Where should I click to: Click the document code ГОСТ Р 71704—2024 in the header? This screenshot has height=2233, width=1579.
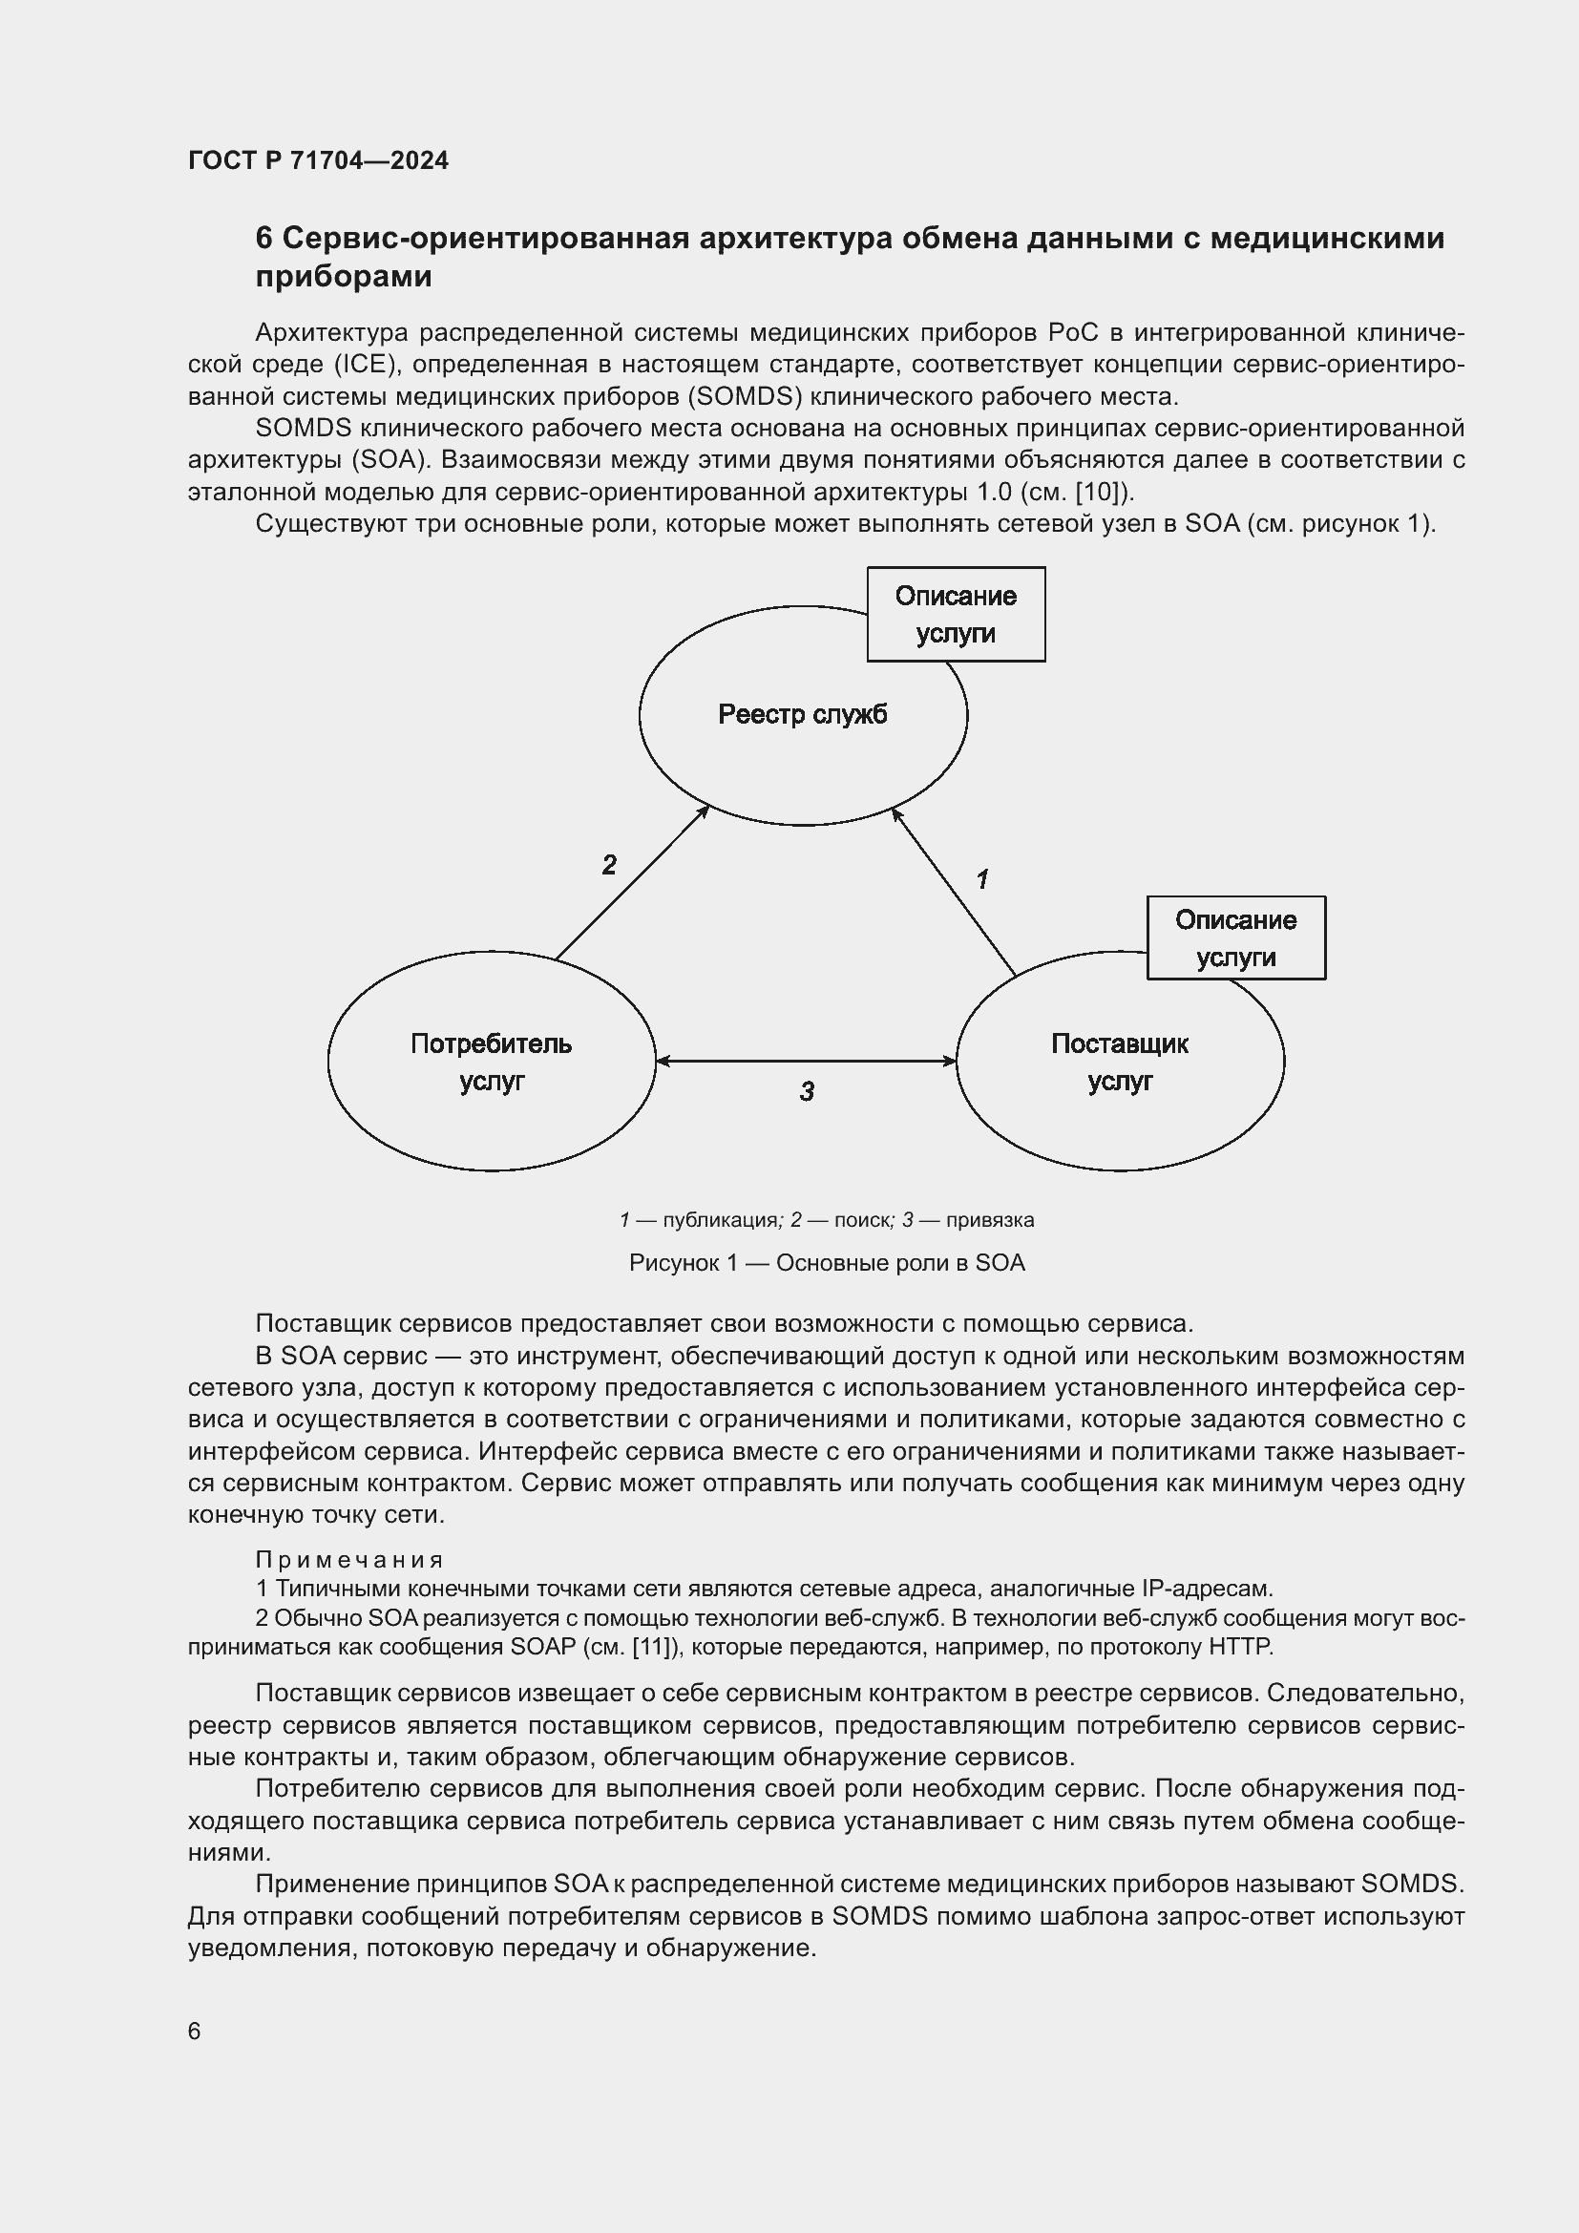point(318,160)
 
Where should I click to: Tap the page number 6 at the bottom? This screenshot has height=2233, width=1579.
point(195,2031)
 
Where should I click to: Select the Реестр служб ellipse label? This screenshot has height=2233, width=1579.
point(802,715)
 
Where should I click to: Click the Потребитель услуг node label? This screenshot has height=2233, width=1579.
point(491,1062)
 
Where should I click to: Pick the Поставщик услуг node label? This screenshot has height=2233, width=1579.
point(1119,1062)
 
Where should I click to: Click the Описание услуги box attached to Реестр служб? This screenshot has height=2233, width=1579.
point(956,615)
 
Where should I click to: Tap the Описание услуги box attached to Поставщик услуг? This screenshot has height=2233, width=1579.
point(1234,937)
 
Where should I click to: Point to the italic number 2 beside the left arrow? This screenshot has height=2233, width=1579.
point(610,865)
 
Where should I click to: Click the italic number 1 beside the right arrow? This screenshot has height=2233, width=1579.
point(982,879)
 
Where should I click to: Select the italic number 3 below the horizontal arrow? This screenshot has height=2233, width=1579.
point(807,1091)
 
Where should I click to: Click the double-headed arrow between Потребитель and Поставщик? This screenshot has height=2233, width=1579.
point(807,1060)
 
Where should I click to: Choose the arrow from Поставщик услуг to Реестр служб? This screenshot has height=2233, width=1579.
point(954,892)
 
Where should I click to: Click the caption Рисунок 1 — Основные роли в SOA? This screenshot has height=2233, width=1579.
point(828,1262)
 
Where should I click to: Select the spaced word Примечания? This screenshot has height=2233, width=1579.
point(349,1559)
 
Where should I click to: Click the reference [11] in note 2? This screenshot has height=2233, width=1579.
point(654,1647)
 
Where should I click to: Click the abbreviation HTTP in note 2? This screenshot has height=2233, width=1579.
point(1239,1647)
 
